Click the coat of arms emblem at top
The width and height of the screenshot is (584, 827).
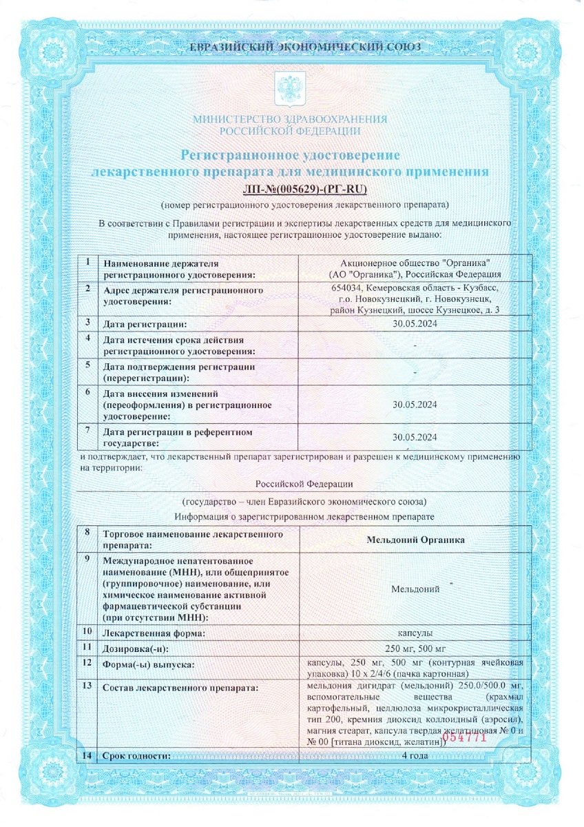pos(289,88)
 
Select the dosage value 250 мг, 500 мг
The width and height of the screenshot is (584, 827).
pos(415,649)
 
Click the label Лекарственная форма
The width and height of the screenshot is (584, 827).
pos(154,632)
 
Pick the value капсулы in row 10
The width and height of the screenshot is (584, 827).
pos(415,632)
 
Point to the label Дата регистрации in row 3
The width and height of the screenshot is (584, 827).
pos(145,323)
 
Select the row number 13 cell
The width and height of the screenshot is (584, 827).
pos(87,686)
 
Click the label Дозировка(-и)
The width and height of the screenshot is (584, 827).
pos(136,649)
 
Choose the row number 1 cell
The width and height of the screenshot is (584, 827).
pos(87,263)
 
